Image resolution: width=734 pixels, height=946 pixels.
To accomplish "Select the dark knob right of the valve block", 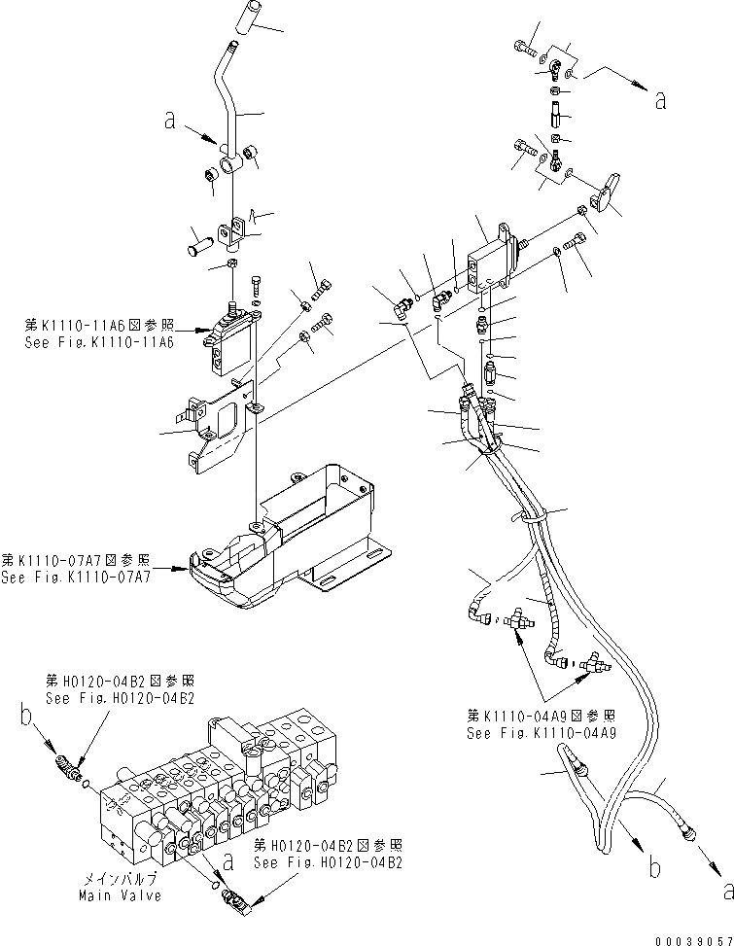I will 609,194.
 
